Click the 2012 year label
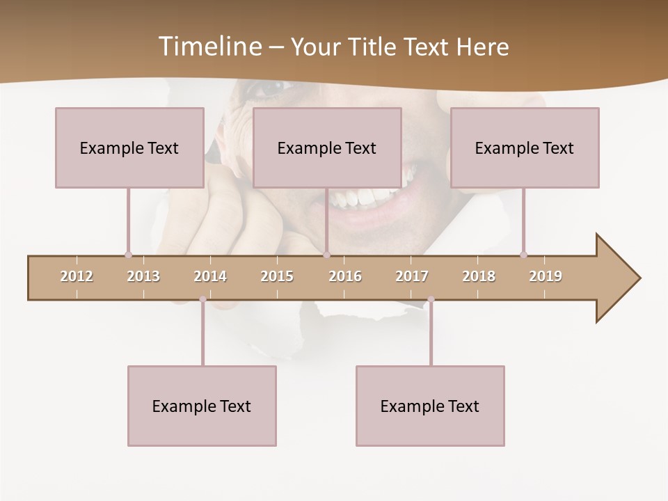click(x=77, y=276)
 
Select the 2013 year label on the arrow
click(x=143, y=276)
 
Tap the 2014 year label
click(x=210, y=276)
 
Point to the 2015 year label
click(x=277, y=276)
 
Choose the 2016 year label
click(x=345, y=276)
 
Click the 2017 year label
click(x=412, y=276)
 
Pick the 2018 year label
click(x=479, y=276)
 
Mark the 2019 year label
click(x=546, y=276)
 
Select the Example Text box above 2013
click(x=129, y=148)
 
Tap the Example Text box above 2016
click(x=327, y=148)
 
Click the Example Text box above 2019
click(x=525, y=148)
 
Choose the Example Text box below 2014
click(x=202, y=406)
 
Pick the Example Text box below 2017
click(x=430, y=406)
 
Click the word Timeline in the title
click(x=209, y=47)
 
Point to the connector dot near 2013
click(x=128, y=255)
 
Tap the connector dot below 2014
click(x=202, y=300)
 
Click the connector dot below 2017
click(x=431, y=300)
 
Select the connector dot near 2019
click(x=524, y=255)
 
